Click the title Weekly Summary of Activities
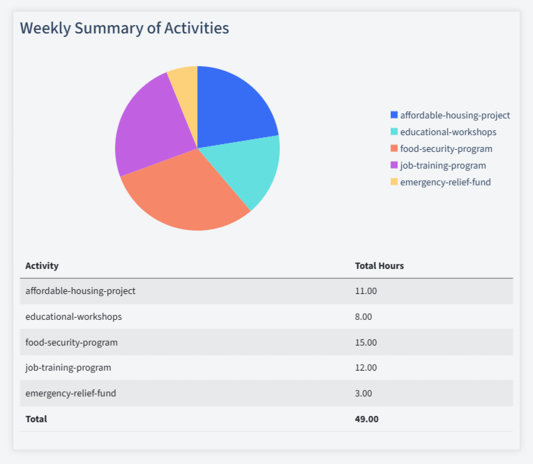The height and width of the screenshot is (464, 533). pos(124,29)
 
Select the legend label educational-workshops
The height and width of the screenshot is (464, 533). pos(448,132)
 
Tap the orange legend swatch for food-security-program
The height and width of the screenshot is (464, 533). pos(394,148)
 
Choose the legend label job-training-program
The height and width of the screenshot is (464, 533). pos(443,165)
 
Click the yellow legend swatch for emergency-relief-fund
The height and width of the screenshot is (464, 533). pos(394,182)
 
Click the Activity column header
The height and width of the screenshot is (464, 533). pos(42,265)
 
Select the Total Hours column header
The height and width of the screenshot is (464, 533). pos(380,265)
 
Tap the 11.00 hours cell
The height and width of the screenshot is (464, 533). pos(366,291)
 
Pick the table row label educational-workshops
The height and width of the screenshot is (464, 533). pos(73,316)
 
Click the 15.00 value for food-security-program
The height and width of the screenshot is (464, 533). pos(366,342)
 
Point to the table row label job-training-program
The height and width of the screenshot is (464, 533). pos(68,367)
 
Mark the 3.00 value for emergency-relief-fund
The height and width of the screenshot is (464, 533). pos(363,393)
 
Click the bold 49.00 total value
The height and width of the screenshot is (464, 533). pos(366,419)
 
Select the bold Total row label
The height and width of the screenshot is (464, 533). pos(36,419)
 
